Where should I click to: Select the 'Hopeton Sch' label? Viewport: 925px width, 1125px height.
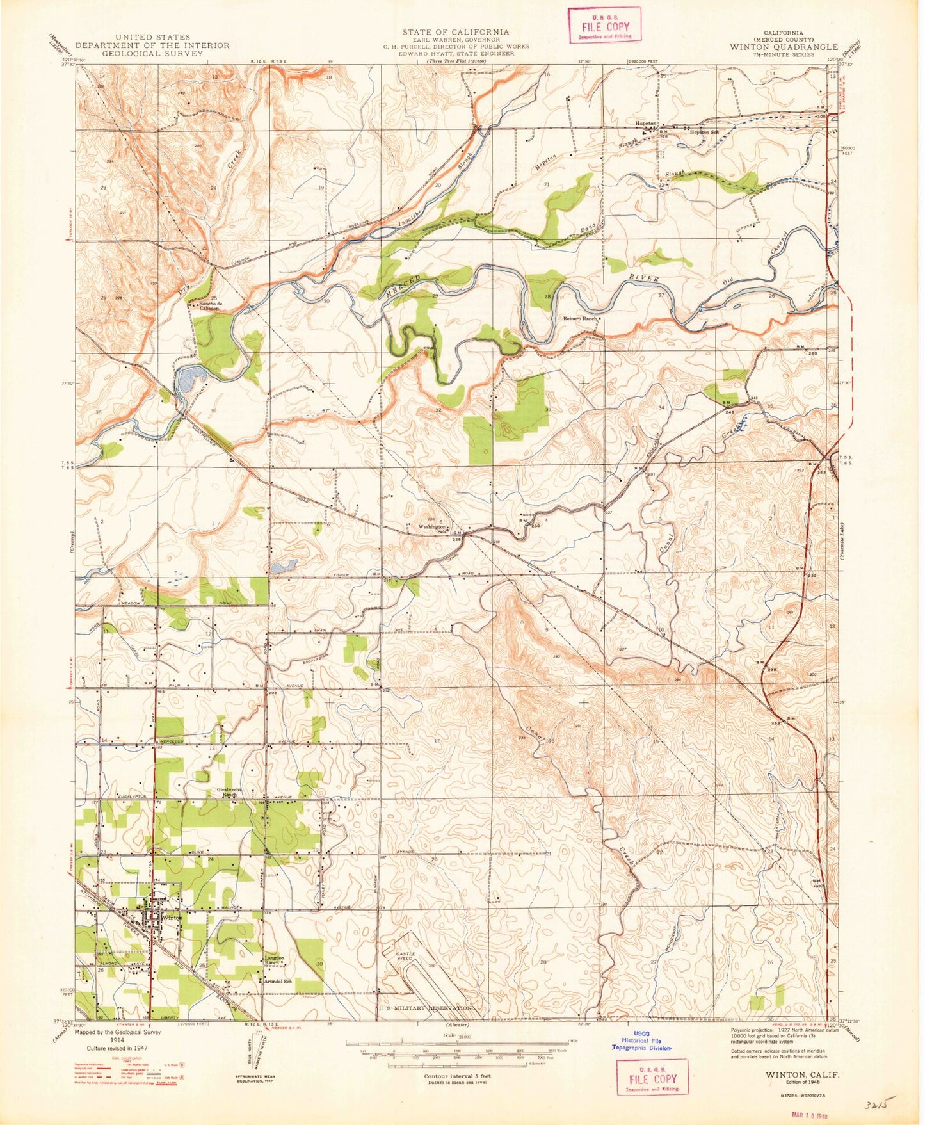tap(704, 132)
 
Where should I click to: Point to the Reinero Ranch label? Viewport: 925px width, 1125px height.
tap(580, 318)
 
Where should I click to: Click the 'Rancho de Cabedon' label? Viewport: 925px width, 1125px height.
tap(209, 305)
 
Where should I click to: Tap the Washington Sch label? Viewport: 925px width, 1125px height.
tap(431, 529)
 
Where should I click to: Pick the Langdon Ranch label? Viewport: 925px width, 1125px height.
tap(275, 960)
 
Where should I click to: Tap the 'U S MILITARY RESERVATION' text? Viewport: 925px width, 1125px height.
tap(426, 1008)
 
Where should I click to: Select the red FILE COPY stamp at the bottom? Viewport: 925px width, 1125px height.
tap(652, 1079)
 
